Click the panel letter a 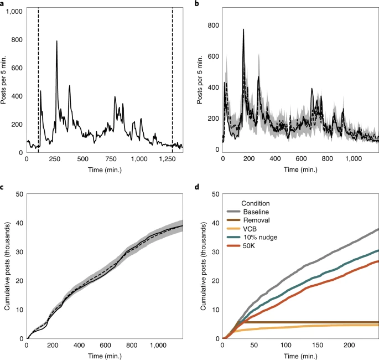(x=4, y=4)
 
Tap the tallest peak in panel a (x=56, y=41)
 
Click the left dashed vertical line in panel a (x=38, y=78)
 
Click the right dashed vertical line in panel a (x=173, y=78)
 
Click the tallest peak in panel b (x=243, y=30)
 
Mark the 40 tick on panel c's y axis (x=18, y=223)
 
